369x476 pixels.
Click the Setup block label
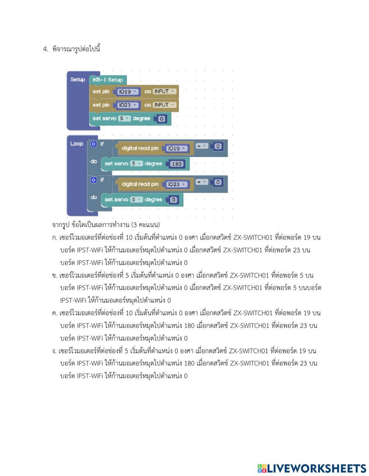tap(77, 79)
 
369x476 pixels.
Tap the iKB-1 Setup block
tap(108, 80)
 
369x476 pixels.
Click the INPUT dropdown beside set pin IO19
tap(164, 91)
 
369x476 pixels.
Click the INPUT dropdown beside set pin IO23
tap(164, 105)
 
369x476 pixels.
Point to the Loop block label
tap(76, 144)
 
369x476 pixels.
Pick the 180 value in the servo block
tap(177, 164)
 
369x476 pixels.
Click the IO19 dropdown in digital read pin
tap(177, 148)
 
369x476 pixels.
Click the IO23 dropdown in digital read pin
tap(177, 184)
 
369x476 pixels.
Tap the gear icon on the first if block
tap(94, 144)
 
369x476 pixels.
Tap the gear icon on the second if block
tap(94, 180)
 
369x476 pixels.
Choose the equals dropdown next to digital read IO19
tap(201, 146)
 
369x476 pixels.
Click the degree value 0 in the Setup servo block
tap(162, 119)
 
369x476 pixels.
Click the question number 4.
tap(46, 49)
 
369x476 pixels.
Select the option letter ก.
tap(55, 238)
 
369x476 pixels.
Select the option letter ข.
tap(55, 275)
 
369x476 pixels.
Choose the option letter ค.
tap(55, 313)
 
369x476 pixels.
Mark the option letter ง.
tap(54, 351)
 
